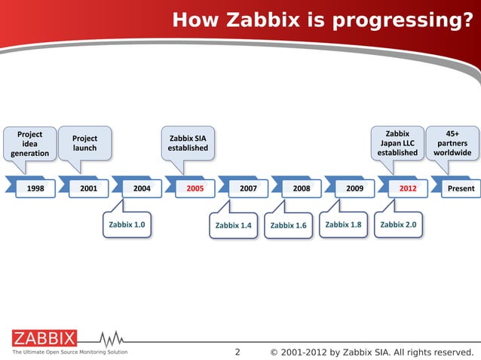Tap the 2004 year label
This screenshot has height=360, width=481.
[142, 189]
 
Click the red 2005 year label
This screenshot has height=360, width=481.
[195, 189]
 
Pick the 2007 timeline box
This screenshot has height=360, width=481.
[248, 189]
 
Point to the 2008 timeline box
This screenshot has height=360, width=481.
[302, 189]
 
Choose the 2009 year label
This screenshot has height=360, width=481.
[354, 189]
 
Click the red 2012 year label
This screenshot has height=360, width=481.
[408, 189]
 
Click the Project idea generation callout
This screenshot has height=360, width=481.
[30, 143]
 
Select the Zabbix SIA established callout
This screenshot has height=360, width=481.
[188, 143]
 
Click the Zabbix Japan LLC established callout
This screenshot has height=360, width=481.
[397, 143]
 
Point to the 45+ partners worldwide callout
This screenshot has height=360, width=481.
[452, 143]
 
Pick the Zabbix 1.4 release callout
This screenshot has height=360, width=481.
[233, 225]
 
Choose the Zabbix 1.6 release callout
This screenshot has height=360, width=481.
[288, 225]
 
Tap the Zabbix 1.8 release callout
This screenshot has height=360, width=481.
[343, 224]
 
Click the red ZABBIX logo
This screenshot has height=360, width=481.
[44, 337]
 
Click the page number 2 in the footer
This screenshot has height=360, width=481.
[237, 352]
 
